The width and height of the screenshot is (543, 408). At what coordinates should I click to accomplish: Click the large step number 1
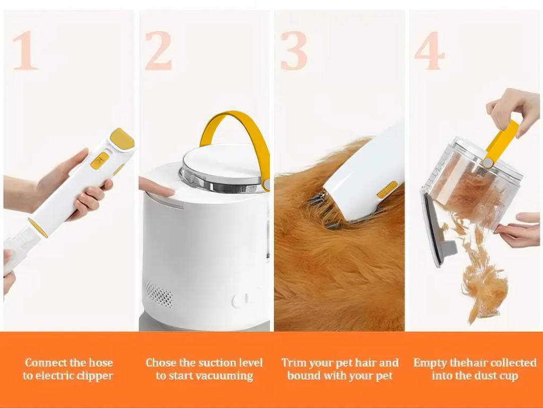(x=25, y=51)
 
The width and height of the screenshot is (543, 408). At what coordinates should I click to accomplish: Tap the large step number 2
(x=158, y=51)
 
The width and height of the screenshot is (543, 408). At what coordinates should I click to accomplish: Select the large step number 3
(x=294, y=51)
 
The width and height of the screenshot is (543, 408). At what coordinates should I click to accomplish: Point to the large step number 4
(x=429, y=51)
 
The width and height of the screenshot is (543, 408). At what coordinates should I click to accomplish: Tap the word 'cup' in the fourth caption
(x=506, y=376)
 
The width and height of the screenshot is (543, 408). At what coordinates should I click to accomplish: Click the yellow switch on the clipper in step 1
(x=100, y=160)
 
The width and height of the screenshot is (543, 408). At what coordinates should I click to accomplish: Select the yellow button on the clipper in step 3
(x=387, y=189)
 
